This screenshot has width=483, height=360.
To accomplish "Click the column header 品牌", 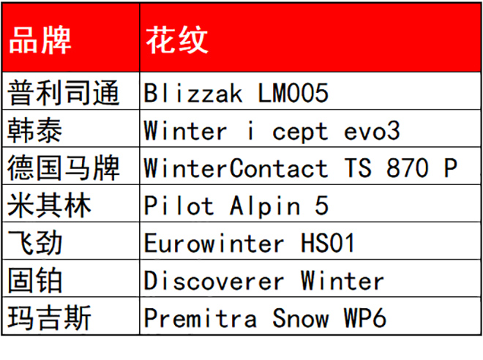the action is (x=40, y=40).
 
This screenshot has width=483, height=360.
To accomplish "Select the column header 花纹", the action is (x=177, y=40).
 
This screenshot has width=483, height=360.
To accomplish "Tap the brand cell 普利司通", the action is (x=64, y=93).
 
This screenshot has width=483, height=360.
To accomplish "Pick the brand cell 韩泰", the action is (x=35, y=130).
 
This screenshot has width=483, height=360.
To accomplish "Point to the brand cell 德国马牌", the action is (x=64, y=168).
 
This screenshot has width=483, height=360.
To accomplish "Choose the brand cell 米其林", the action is (x=49, y=206).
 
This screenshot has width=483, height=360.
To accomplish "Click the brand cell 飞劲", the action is (x=35, y=243).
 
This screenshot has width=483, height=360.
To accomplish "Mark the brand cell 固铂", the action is (x=35, y=280).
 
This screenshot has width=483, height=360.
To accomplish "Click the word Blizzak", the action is (x=193, y=93).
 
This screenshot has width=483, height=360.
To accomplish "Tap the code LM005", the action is (x=293, y=93).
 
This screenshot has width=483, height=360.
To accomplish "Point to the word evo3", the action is (x=372, y=131).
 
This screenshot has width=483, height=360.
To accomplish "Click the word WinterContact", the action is (x=236, y=168).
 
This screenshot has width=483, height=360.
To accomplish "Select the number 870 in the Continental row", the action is (x=407, y=168).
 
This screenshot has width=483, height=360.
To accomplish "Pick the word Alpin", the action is (x=265, y=206).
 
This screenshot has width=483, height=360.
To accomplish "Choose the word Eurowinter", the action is (x=214, y=243).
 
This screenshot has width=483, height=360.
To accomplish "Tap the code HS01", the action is (x=327, y=243).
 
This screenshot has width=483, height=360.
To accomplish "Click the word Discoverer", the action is (x=214, y=281).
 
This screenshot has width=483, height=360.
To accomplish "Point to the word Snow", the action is (x=300, y=318).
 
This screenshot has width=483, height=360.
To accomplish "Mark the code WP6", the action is (x=364, y=318).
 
